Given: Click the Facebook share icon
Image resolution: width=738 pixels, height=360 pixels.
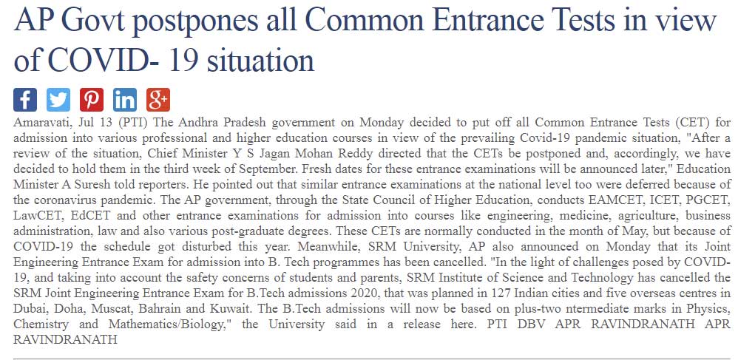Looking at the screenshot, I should tap(25, 98).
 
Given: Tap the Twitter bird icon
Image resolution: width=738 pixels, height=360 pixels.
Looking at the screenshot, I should tap(58, 98).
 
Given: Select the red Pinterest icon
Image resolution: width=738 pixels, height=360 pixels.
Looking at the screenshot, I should tap(92, 98).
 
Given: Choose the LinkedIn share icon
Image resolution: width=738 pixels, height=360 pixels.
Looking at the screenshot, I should tap(125, 98).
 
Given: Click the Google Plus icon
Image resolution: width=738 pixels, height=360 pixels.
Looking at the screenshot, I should tap(158, 98).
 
